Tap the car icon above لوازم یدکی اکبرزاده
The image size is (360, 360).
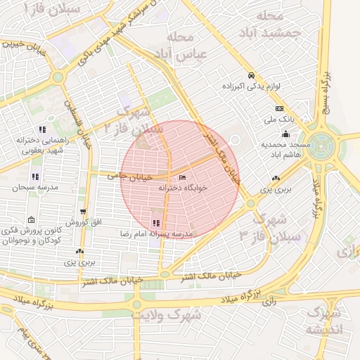coord(251,76)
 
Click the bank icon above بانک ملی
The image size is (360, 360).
coord(279,109)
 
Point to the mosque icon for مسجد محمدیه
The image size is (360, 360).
coord(285,135)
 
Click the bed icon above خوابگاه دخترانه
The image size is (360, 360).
coord(183,178)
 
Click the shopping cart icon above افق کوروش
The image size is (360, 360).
coord(84,212)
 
